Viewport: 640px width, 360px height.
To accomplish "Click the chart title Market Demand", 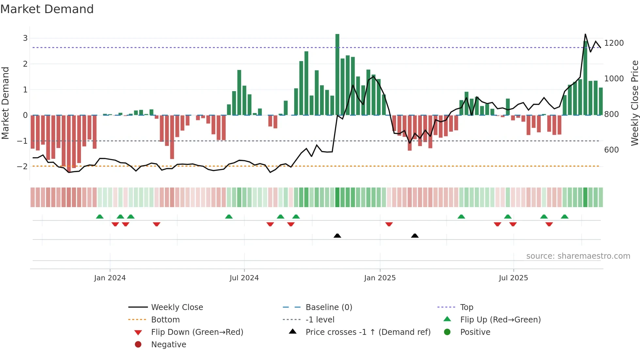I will coord(47,9).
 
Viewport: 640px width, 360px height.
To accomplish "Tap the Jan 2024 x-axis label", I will coord(110,278).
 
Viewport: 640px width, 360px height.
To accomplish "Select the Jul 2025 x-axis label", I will coord(513,278).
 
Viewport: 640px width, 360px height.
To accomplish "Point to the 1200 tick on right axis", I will coord(614,43).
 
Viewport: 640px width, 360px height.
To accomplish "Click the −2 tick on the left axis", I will coord(23,167).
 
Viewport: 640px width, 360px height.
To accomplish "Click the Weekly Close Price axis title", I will coord(634,103).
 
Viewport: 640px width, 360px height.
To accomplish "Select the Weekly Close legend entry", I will coord(177,307).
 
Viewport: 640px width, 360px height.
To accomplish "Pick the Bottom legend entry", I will coord(165,320).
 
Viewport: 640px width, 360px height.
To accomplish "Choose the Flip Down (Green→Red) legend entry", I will coord(197,332).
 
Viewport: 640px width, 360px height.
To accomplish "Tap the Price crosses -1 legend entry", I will coord(368,332).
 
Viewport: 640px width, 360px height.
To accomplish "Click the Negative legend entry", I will coord(168,345).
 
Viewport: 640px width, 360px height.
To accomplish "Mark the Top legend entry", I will coord(466,307).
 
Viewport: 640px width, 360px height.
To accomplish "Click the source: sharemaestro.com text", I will coord(578,256).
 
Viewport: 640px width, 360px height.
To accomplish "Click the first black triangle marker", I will coord(337,236).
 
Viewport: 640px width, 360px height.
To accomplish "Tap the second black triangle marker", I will coord(415,236).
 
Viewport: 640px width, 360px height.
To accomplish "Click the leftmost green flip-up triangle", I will coord(100,217).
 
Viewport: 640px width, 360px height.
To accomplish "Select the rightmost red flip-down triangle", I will coord(549,224).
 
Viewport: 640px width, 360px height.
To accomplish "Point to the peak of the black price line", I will coord(585,34).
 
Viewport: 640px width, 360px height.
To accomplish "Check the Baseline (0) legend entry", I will coord(328,307).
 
